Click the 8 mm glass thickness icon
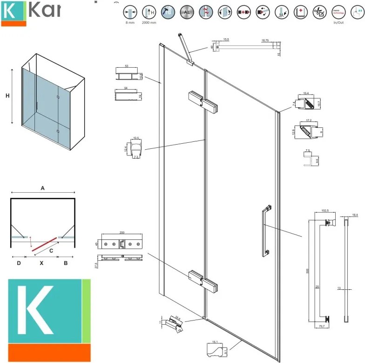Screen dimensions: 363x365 pos(130,12)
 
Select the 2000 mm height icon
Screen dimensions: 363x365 pos(149,12)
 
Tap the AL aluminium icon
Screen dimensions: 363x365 pos(186,12)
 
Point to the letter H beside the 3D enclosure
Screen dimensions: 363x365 pos(7,96)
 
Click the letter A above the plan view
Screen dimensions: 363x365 pos(42,188)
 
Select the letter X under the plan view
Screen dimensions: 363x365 pos(41,263)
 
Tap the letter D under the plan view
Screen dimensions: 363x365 pos(19,263)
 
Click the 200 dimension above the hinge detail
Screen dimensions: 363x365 pos(122,232)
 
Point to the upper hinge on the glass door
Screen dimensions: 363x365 pos(201,101)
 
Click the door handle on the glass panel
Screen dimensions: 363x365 pos(266,230)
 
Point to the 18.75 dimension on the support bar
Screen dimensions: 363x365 pos(265,41)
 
